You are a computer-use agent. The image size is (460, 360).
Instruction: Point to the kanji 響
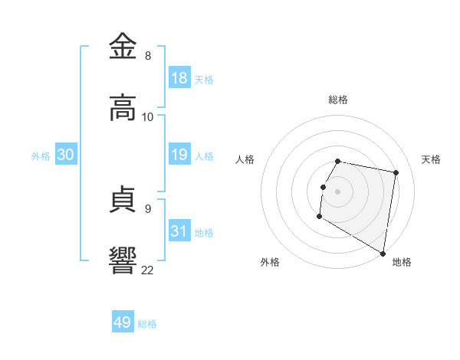(x=123, y=260)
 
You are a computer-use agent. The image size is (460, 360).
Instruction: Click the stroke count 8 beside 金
(x=148, y=56)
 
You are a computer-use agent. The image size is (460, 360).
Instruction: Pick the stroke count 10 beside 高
(x=148, y=117)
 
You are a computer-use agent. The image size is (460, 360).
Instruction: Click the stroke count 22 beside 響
(x=148, y=269)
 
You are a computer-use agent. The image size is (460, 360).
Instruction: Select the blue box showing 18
(x=179, y=77)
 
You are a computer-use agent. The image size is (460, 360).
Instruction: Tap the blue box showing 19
(x=179, y=155)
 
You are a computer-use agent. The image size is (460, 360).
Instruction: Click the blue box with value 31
(x=179, y=231)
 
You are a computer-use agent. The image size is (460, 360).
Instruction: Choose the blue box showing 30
(x=66, y=155)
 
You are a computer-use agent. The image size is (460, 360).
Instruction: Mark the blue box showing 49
(x=123, y=322)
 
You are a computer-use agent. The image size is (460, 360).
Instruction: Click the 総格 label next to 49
(x=147, y=324)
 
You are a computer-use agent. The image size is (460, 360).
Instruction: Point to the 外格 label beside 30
(x=41, y=156)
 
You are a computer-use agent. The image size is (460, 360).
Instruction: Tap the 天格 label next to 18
(x=203, y=79)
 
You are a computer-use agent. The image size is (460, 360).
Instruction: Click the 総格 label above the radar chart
(x=337, y=100)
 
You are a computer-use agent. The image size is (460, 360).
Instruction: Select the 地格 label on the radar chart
(x=402, y=262)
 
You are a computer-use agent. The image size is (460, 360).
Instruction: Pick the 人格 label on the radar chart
(x=245, y=159)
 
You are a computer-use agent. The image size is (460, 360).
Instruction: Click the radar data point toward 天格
(x=396, y=173)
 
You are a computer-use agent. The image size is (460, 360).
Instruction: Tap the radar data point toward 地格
(x=383, y=254)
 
